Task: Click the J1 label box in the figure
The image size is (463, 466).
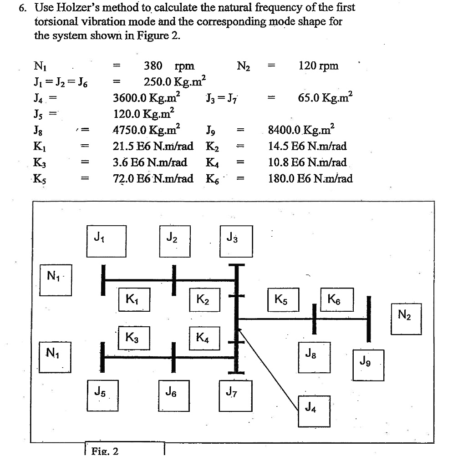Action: point(107,241)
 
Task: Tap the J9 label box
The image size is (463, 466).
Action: point(368,365)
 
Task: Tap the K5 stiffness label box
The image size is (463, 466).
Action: point(283,299)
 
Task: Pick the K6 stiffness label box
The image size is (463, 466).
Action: point(336,299)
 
